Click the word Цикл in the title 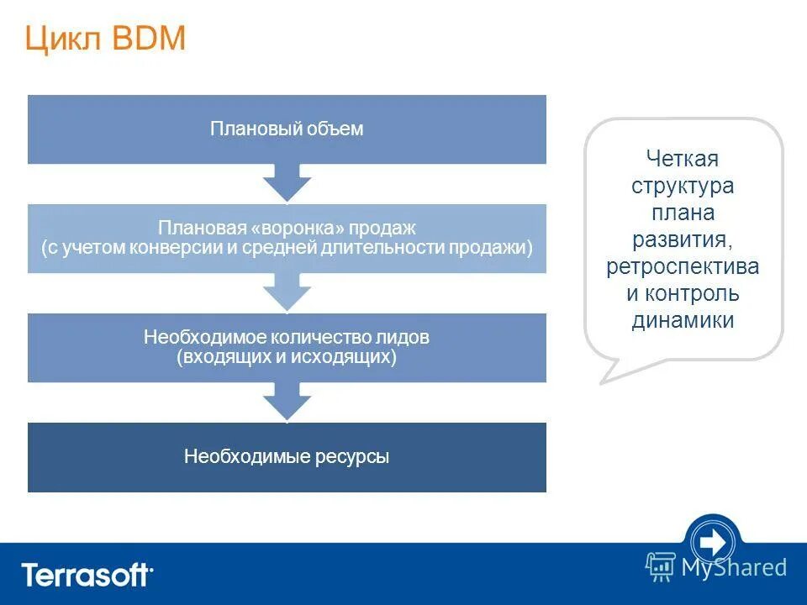pyautogui.click(x=64, y=40)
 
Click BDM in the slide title pyautogui.click(x=147, y=40)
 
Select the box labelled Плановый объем pyautogui.click(x=287, y=129)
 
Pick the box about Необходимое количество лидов pyautogui.click(x=287, y=347)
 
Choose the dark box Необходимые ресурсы pyautogui.click(x=287, y=457)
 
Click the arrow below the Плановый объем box pyautogui.click(x=287, y=182)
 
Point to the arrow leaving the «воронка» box pyautogui.click(x=287, y=292)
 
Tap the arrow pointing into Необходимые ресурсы pyautogui.click(x=287, y=401)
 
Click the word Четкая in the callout pyautogui.click(x=683, y=159)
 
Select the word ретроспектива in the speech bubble pyautogui.click(x=683, y=266)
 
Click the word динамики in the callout pyautogui.click(x=683, y=320)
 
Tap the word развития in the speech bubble pyautogui.click(x=683, y=239)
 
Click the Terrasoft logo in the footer pyautogui.click(x=87, y=576)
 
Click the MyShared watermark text pyautogui.click(x=734, y=568)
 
